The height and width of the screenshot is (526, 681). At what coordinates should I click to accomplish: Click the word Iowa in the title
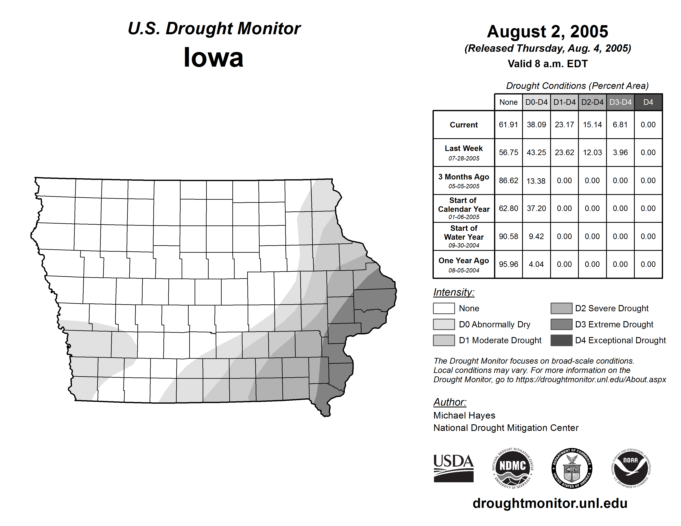pos(214,58)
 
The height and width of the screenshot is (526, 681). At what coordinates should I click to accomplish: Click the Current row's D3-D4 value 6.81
pos(620,125)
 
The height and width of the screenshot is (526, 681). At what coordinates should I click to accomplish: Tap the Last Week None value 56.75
pos(508,152)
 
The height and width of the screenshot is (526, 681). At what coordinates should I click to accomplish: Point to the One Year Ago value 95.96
pos(508,264)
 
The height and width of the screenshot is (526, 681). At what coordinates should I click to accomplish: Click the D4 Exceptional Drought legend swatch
pos(561,340)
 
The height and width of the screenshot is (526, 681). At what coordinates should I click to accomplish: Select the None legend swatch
pos(444,308)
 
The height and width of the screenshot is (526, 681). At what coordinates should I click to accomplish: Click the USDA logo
pos(453,468)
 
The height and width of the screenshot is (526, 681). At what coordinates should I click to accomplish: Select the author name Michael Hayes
pos(464,415)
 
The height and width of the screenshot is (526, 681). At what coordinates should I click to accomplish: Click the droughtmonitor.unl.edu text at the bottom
pos(550,503)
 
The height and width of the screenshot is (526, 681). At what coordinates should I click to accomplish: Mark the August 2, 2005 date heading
pos(547,32)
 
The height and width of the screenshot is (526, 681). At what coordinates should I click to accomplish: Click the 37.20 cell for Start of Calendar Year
pos(536,208)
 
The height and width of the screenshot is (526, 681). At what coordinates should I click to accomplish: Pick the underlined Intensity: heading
pos(454,292)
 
